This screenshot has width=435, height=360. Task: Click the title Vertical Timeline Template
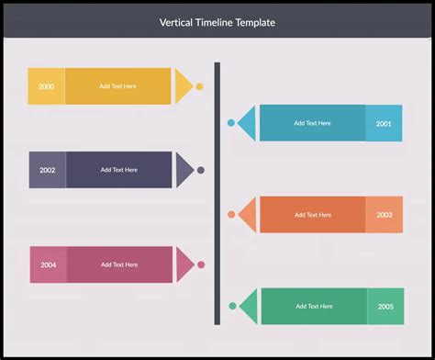(x=217, y=22)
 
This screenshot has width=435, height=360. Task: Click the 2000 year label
(x=46, y=86)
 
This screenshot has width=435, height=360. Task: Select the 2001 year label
(x=384, y=123)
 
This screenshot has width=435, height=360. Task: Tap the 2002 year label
(x=47, y=170)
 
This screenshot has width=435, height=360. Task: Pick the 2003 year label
(x=384, y=215)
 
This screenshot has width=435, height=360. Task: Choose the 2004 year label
(x=48, y=264)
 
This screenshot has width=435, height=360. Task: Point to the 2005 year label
(x=385, y=307)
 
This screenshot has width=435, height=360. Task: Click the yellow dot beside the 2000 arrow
(x=199, y=86)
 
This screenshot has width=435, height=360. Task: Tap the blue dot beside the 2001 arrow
(x=231, y=122)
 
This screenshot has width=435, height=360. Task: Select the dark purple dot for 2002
(x=200, y=170)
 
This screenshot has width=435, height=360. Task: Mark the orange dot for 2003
(x=231, y=215)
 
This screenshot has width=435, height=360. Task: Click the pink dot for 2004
(x=200, y=264)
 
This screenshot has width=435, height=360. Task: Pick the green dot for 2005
(x=232, y=306)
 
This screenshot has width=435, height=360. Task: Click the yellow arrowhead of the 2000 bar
(x=184, y=86)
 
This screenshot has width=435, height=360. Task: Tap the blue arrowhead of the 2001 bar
(x=247, y=122)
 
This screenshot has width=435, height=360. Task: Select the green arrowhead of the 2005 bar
(x=248, y=306)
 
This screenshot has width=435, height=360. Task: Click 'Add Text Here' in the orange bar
(x=313, y=215)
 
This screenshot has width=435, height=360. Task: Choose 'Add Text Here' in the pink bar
(x=119, y=264)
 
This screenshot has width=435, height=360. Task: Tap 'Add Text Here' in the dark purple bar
(x=119, y=170)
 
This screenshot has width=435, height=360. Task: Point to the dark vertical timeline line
(x=217, y=193)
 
